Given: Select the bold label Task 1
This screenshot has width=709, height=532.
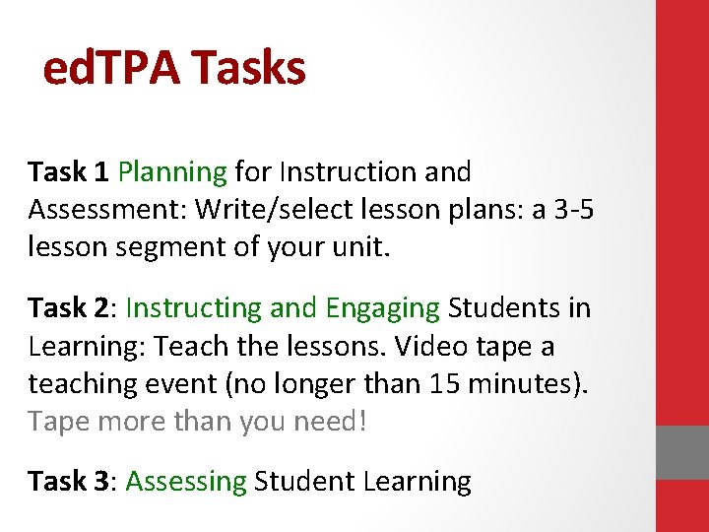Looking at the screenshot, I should tap(68, 171).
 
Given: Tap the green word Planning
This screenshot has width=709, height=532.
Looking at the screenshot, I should tap(172, 172).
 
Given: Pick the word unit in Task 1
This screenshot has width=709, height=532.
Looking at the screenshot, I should tap(362, 247).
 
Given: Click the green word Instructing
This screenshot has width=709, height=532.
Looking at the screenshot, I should tap(193, 309).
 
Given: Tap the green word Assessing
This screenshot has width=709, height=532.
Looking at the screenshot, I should tap(186, 482).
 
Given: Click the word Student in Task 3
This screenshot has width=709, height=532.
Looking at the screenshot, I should tap(304, 481).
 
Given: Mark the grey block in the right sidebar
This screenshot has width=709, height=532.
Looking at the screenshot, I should tap(681, 452).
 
